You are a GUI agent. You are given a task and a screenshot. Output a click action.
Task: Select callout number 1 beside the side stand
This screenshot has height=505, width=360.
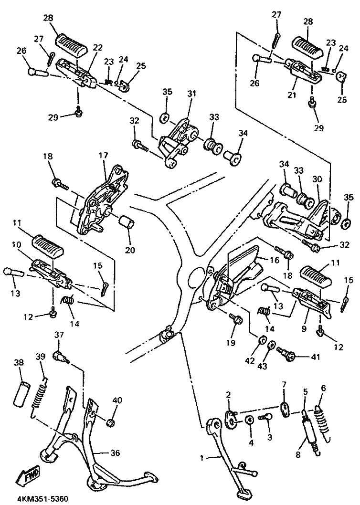pyautogui.click(x=202, y=458)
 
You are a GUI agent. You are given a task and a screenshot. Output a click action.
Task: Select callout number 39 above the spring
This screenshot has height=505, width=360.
pyautogui.click(x=40, y=357)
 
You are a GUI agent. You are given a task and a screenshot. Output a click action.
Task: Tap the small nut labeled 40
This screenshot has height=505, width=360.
pyautogui.click(x=111, y=422)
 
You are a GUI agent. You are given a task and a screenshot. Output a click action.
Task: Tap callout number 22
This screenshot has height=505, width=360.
pyautogui.click(x=97, y=47)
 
